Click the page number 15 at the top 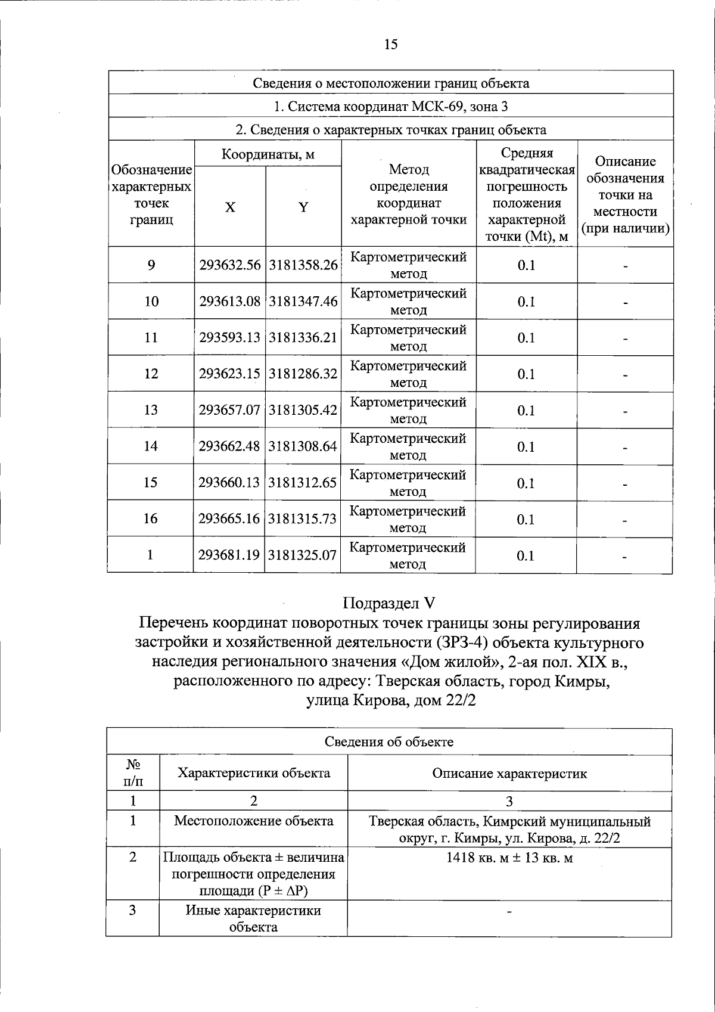390,44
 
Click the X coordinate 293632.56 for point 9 230,265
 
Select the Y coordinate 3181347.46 303,302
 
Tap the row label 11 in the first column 151,338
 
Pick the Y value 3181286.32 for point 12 303,374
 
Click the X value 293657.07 230,411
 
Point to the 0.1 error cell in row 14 526,447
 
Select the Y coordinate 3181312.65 303,483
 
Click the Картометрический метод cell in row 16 408,519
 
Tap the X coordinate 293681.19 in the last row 229,555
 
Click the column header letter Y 303,207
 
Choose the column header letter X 230,207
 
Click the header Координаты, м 268,155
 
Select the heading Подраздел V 390,603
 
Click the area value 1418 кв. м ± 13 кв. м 509,858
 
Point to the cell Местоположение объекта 253,821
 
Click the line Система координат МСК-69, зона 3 390,107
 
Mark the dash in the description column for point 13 625,412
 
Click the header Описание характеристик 509,774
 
